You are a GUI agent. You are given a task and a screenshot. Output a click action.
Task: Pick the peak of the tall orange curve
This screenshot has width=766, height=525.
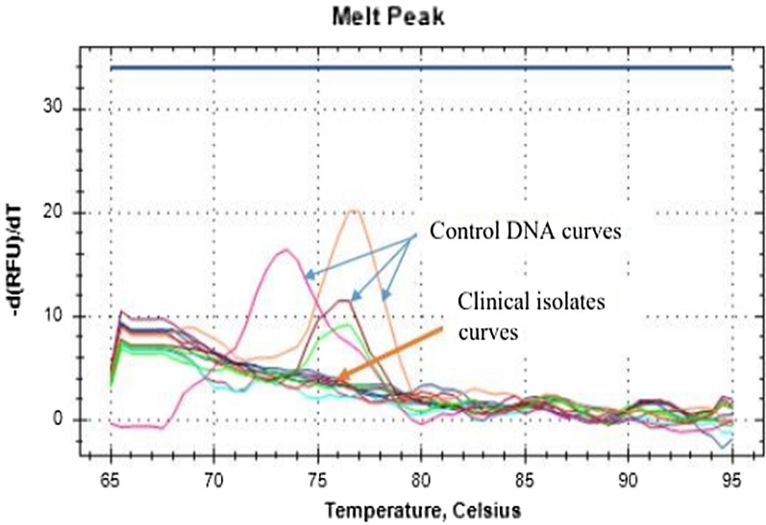pos(353,209)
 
